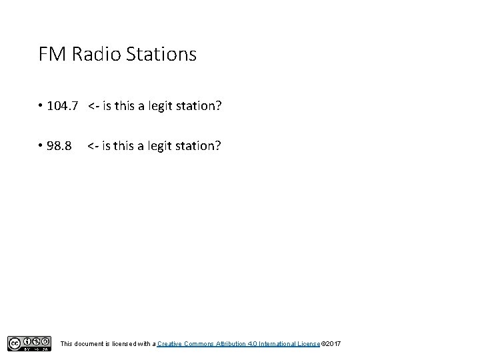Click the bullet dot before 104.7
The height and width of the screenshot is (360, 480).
tap(41, 105)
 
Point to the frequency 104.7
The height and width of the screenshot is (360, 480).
tap(64, 105)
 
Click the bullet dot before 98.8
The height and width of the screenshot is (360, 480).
tap(41, 145)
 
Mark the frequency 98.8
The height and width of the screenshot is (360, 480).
tap(60, 145)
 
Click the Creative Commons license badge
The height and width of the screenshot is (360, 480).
tap(29, 343)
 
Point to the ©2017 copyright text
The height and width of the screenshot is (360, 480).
tap(331, 343)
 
